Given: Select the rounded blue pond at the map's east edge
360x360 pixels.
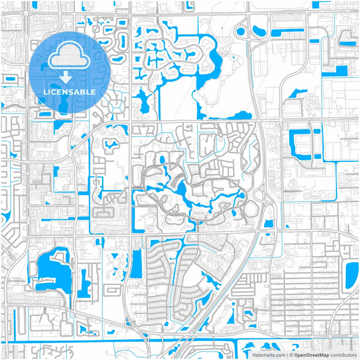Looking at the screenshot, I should click(352, 274).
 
